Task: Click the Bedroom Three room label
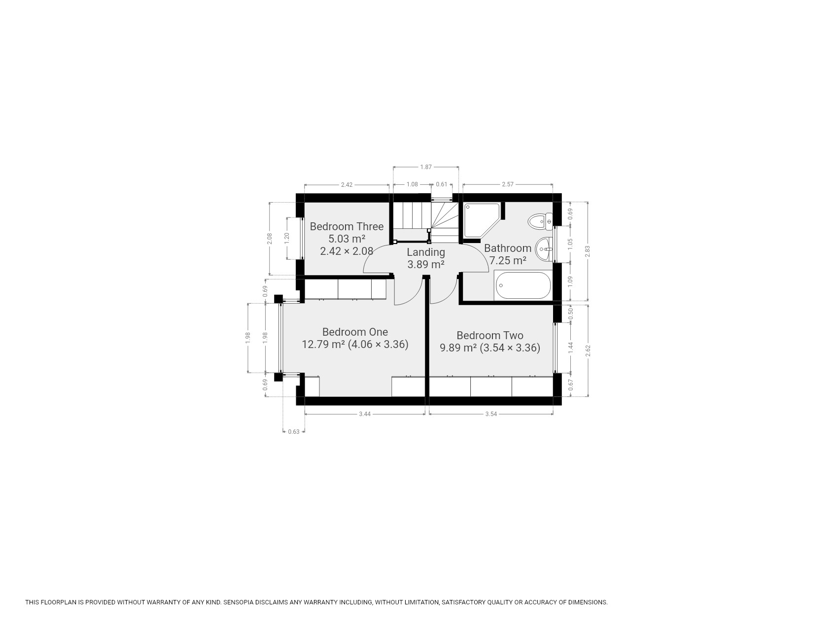[x=347, y=227]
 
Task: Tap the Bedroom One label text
[x=355, y=332]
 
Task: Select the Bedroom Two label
[x=490, y=336]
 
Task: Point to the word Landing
[x=426, y=252]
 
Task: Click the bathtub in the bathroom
[x=522, y=285]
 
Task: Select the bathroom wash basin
[x=544, y=248]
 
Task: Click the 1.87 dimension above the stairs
[x=426, y=167]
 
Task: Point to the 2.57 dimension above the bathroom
[x=508, y=184]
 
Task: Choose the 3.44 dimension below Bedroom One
[x=365, y=414]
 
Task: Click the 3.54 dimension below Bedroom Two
[x=491, y=414]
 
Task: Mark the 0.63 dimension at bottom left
[x=294, y=432]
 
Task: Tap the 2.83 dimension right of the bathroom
[x=587, y=251]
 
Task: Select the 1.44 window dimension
[x=571, y=347]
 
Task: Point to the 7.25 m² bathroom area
[x=508, y=260]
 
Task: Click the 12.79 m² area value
[x=323, y=344]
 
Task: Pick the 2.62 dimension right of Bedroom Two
[x=587, y=351]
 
